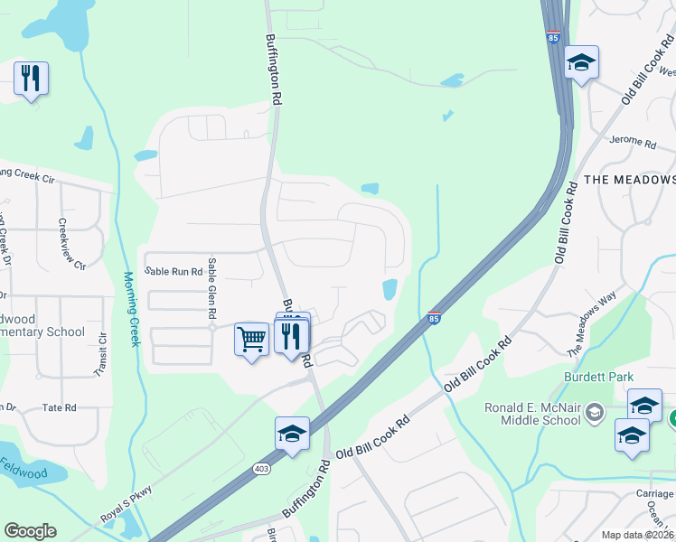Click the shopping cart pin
251,341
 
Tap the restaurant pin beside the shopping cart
291,338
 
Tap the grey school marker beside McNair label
594,413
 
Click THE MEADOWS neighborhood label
630,180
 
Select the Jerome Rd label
633,142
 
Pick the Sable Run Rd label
174,271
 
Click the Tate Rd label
60,408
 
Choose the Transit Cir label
100,355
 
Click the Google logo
31,531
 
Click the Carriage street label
654,494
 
